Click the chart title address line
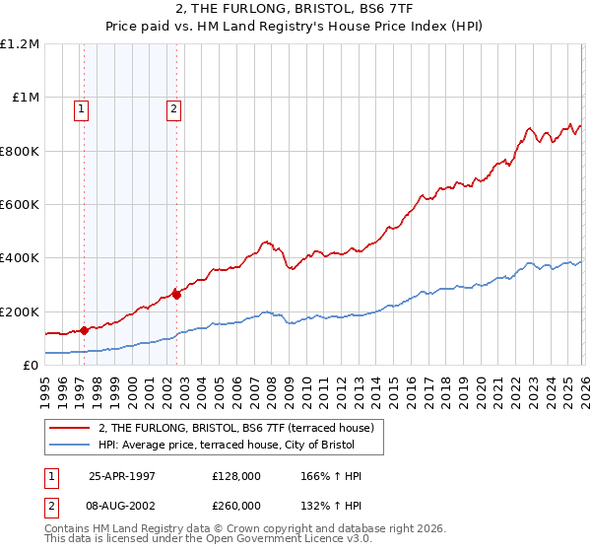point(295,9)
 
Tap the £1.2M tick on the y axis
point(21,44)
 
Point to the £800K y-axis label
point(20,152)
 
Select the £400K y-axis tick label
point(20,258)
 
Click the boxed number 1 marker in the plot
point(80,109)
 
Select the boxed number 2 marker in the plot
point(172,109)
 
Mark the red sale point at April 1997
point(85,331)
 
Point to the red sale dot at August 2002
point(176,293)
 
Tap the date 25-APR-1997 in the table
point(122,476)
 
